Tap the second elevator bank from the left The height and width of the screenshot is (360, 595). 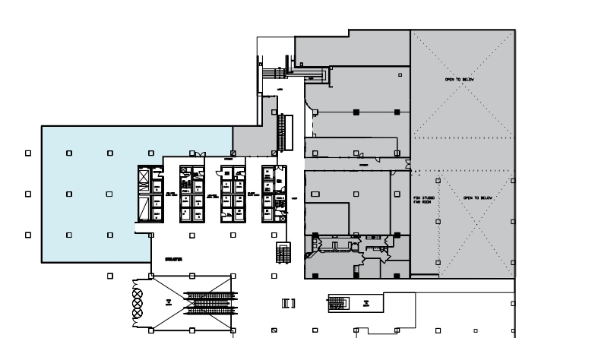[x=191, y=194]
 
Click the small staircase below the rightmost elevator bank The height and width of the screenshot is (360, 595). [x=284, y=252]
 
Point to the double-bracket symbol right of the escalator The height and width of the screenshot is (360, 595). [x=288, y=304]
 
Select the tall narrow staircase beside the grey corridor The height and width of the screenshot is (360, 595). [x=286, y=133]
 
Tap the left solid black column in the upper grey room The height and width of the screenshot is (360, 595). [x=356, y=112]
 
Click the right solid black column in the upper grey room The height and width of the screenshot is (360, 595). [x=397, y=112]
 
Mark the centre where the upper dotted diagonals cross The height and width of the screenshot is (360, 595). [x=462, y=99]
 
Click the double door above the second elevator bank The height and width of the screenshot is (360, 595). [x=199, y=156]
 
